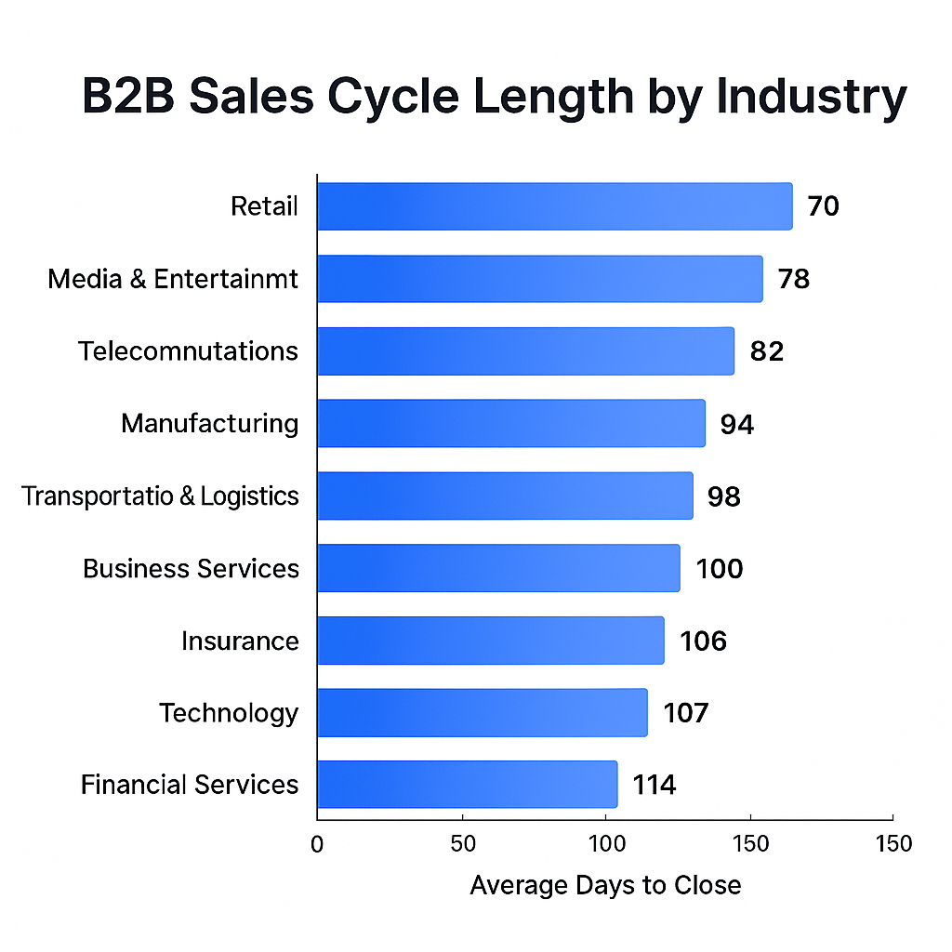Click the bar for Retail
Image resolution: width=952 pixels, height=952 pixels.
tap(554, 206)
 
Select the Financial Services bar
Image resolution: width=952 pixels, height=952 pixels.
tap(467, 785)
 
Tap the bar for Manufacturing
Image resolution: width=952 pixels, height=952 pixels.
tap(510, 424)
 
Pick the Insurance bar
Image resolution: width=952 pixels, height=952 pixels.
tap(490, 641)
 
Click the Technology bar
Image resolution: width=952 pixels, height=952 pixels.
tap(482, 713)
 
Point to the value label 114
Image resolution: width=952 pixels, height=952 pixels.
tap(654, 785)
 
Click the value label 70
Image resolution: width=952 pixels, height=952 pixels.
tap(823, 206)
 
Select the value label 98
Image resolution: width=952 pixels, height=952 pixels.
tap(723, 496)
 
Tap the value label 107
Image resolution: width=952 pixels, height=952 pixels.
tap(685, 713)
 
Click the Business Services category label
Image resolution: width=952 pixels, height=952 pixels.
tap(191, 568)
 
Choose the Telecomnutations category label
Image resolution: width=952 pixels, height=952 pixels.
tap(188, 351)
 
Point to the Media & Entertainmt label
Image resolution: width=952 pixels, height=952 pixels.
tap(173, 279)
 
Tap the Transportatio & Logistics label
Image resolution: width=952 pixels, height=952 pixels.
tap(160, 496)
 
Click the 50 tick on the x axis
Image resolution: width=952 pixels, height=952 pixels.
tap(462, 844)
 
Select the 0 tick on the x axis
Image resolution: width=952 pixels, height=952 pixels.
tap(317, 844)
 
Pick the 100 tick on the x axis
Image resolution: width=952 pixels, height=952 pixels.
tap(605, 844)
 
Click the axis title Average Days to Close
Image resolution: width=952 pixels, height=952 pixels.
tap(605, 885)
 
